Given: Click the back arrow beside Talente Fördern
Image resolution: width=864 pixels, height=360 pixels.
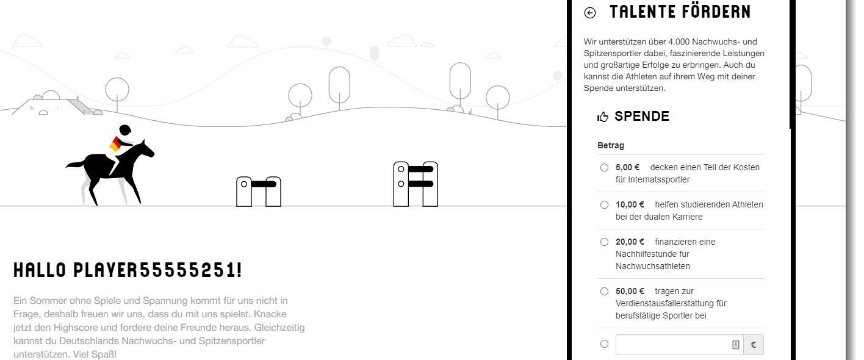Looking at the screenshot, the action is pyautogui.click(x=590, y=13).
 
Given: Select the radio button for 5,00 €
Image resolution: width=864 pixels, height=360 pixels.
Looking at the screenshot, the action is pyautogui.click(x=604, y=167).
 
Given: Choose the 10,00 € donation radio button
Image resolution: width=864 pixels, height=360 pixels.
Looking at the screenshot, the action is pyautogui.click(x=604, y=204).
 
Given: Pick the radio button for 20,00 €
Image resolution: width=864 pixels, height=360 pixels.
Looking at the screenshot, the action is pyautogui.click(x=604, y=242).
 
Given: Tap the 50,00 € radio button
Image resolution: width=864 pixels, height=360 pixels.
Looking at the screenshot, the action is pyautogui.click(x=604, y=291).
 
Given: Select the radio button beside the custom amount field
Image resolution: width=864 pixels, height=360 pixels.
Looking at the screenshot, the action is pyautogui.click(x=604, y=344).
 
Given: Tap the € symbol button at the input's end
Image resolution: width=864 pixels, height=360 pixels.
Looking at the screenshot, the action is pyautogui.click(x=753, y=345).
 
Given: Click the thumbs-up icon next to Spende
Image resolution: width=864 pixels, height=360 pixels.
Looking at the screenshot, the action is pyautogui.click(x=602, y=117).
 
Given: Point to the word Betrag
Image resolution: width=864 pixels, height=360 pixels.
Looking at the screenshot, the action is pyautogui.click(x=611, y=145).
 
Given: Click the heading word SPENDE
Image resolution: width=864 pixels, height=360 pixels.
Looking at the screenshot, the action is pyautogui.click(x=642, y=116).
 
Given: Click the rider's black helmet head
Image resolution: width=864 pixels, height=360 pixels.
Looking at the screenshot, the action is pyautogui.click(x=125, y=129).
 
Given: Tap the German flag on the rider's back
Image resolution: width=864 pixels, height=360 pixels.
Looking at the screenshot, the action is pyautogui.click(x=115, y=144).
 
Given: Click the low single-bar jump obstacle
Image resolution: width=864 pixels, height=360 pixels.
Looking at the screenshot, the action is pyautogui.click(x=259, y=192).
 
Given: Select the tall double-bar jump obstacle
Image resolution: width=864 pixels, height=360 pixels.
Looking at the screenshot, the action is pyautogui.click(x=416, y=184).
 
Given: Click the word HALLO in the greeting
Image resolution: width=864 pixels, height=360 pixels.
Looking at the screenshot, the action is pyautogui.click(x=40, y=270).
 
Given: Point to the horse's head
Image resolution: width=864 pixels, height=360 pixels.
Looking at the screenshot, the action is pyautogui.click(x=146, y=149).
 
